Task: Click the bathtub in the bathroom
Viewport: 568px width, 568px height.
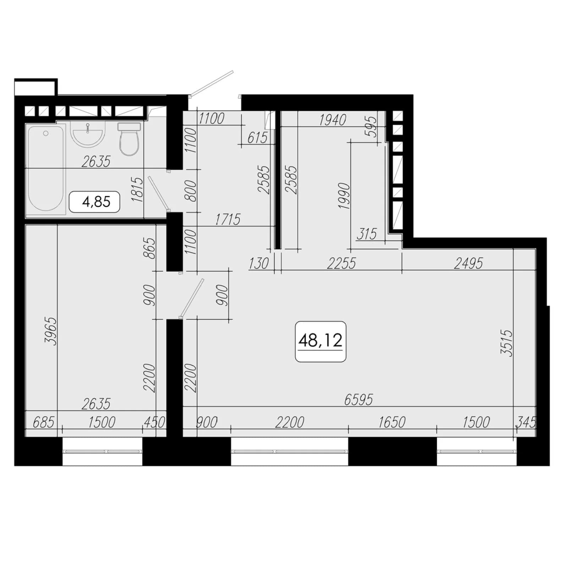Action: pos(46,169)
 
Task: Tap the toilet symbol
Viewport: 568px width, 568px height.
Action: pos(129,139)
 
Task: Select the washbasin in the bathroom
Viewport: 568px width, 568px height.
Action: pos(88,133)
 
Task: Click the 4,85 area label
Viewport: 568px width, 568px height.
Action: pos(94,202)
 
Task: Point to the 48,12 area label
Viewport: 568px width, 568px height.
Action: pos(321,341)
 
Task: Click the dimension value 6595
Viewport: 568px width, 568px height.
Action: pos(359,400)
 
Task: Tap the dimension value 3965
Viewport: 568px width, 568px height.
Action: pos(50,331)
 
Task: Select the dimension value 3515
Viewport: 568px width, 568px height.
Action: pos(507,343)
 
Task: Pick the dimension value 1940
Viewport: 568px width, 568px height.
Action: pos(333,120)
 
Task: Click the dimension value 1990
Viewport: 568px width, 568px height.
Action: pos(344,196)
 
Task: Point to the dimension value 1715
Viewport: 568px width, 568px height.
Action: pos(228,219)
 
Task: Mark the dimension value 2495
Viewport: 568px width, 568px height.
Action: pos(469,263)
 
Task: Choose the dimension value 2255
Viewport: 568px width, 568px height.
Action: pos(341,263)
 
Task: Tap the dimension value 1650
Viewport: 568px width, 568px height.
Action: pos(392,422)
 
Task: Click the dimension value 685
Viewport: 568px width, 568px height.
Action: pos(43,422)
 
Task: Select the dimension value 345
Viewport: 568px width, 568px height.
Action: pos(525,422)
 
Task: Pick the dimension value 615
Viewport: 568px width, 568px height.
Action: pos(257,138)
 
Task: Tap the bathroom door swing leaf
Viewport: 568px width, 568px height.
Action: pos(158,193)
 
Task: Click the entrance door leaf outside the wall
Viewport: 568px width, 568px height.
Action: pos(212,83)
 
